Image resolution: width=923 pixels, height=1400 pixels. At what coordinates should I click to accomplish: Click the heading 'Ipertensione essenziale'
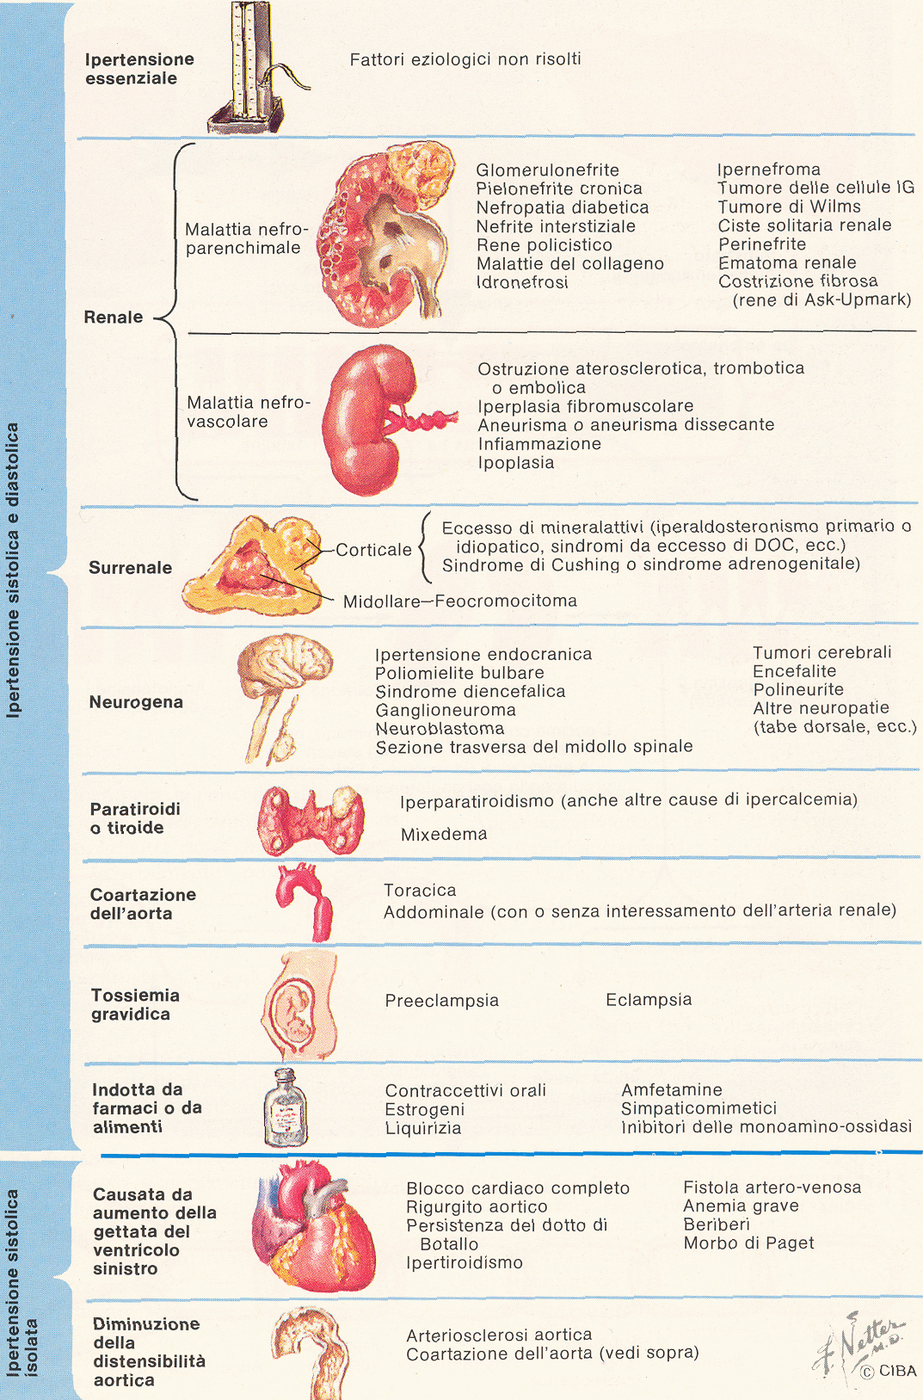(x=139, y=69)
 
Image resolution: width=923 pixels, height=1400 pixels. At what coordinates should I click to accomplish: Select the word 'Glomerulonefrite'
(x=547, y=170)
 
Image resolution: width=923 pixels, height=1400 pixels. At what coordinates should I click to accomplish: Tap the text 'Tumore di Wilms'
(x=789, y=207)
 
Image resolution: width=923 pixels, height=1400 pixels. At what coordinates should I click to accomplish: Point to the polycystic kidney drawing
(x=386, y=234)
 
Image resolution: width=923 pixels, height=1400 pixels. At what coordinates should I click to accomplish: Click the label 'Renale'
(x=113, y=317)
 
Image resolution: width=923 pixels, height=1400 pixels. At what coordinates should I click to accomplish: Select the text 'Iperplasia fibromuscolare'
(x=586, y=406)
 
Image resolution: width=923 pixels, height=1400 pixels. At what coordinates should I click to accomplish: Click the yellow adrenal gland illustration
(x=253, y=565)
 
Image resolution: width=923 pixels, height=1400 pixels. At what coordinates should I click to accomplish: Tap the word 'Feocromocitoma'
(x=506, y=601)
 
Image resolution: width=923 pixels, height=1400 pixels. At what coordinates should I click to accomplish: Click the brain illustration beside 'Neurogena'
(x=285, y=698)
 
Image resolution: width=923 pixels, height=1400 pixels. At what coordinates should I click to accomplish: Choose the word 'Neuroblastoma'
(x=440, y=728)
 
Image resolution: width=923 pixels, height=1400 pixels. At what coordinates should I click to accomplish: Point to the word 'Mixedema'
(x=444, y=835)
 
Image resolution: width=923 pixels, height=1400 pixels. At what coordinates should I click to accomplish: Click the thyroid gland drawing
(x=311, y=820)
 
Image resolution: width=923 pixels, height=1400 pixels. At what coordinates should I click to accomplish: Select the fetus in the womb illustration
(x=299, y=1006)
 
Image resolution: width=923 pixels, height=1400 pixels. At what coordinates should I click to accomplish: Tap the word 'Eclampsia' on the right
(x=649, y=999)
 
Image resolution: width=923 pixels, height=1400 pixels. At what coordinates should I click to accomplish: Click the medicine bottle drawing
(x=286, y=1107)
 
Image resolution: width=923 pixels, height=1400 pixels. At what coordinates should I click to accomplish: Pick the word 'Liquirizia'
(x=423, y=1128)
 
